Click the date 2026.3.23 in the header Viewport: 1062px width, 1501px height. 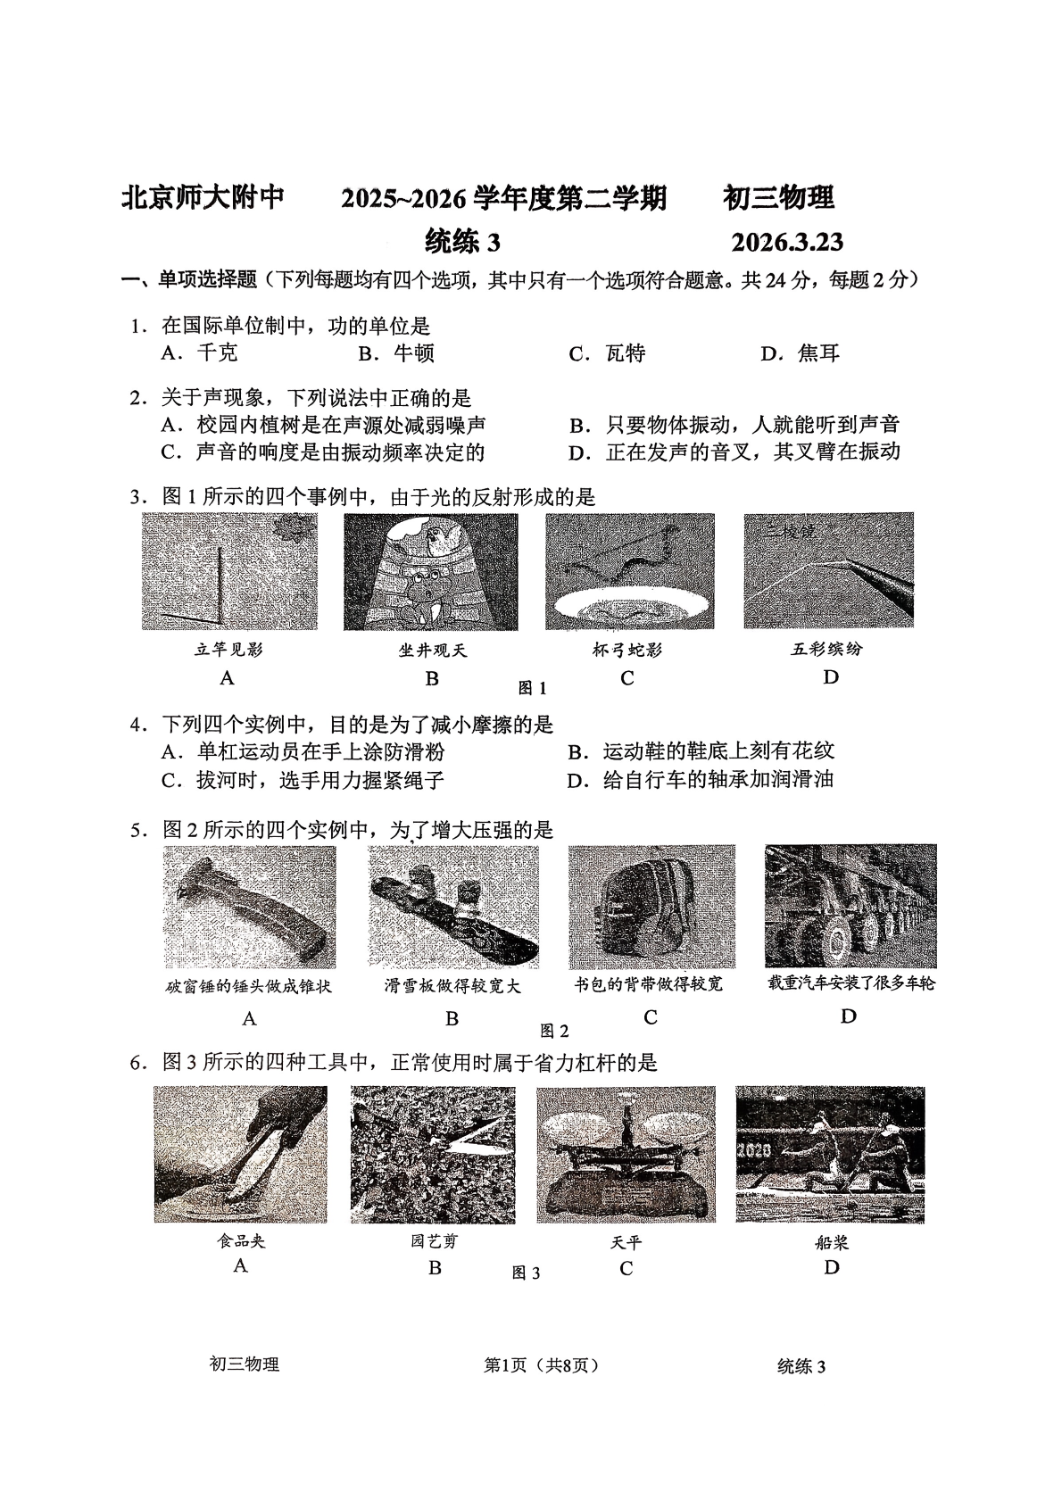[786, 243]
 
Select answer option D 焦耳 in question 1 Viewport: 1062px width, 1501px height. [800, 353]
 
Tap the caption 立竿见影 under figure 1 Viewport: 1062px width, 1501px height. [228, 650]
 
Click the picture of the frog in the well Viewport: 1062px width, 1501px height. [430, 571]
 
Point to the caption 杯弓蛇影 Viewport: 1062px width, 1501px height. [627, 650]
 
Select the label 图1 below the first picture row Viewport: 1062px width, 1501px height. [532, 688]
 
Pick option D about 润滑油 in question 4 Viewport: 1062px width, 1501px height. [701, 779]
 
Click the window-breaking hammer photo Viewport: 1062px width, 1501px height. [249, 906]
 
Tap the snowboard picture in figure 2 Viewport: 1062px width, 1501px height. [453, 906]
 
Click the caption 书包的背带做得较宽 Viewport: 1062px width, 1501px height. [649, 984]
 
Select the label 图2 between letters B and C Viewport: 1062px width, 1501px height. [553, 1031]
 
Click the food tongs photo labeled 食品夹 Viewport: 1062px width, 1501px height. [240, 1153]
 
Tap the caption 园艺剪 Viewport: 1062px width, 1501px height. [434, 1241]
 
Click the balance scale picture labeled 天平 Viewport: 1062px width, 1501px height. [626, 1153]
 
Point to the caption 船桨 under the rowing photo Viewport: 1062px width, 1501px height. [831, 1242]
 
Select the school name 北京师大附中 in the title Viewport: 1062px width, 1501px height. [203, 198]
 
